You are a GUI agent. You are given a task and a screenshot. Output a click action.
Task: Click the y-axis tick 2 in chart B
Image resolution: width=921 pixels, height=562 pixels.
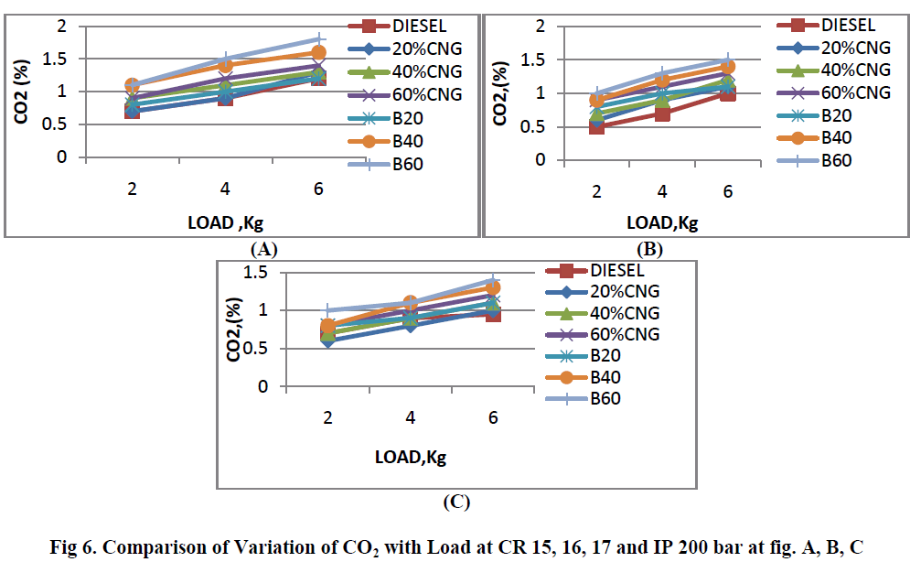[541, 26]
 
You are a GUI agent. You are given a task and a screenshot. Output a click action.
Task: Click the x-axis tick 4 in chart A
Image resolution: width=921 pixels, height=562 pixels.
[224, 189]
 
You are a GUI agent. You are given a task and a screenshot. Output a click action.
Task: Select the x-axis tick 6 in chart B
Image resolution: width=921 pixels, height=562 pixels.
[728, 192]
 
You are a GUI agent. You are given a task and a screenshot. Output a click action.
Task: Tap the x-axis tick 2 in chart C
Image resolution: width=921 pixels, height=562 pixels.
[327, 417]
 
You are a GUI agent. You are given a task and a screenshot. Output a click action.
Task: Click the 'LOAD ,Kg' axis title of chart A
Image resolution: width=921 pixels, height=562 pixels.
[224, 224]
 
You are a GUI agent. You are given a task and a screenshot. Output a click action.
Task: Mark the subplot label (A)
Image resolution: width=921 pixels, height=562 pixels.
[262, 248]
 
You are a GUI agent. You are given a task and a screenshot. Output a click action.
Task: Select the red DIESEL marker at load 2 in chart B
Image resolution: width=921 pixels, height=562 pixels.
[596, 126]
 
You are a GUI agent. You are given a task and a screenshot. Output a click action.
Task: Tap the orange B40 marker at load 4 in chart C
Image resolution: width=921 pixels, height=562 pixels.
[411, 303]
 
